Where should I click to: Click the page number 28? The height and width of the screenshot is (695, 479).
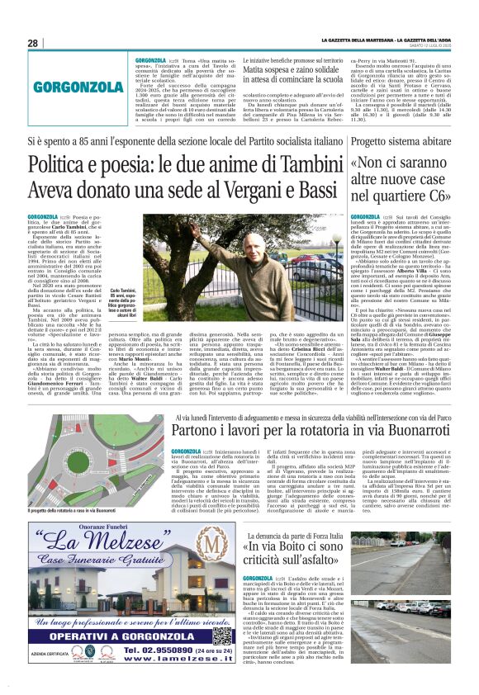[x=33, y=43]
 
